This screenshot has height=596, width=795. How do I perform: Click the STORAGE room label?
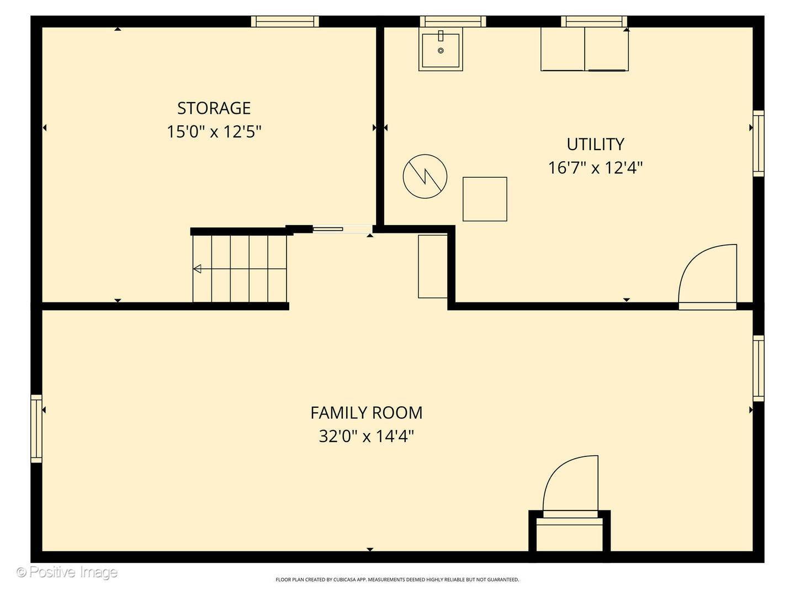coord(214,108)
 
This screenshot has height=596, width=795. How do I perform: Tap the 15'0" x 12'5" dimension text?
coord(214,132)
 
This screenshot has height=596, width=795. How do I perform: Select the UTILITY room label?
coord(595,145)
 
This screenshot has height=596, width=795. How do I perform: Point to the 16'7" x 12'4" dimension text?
coord(595,168)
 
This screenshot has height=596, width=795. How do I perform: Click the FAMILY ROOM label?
coord(366,413)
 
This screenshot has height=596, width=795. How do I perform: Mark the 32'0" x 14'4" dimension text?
coord(366,437)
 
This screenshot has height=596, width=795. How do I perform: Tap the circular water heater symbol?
coord(425,176)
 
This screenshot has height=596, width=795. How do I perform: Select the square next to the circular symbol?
coord(485,199)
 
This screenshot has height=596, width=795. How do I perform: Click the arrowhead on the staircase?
coord(197,269)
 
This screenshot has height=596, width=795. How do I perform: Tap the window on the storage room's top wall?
coord(285,22)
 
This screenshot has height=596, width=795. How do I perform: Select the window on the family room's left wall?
coord(36,428)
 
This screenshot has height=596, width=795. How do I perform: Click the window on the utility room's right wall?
coord(759,143)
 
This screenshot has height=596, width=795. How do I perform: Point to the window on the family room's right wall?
coord(759,369)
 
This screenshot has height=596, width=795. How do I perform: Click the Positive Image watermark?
coord(67,572)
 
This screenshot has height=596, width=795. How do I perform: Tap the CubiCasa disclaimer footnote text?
coord(397,579)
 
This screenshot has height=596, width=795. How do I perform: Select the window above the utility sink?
coord(453,22)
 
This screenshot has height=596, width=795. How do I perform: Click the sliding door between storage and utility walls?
coord(342,228)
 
